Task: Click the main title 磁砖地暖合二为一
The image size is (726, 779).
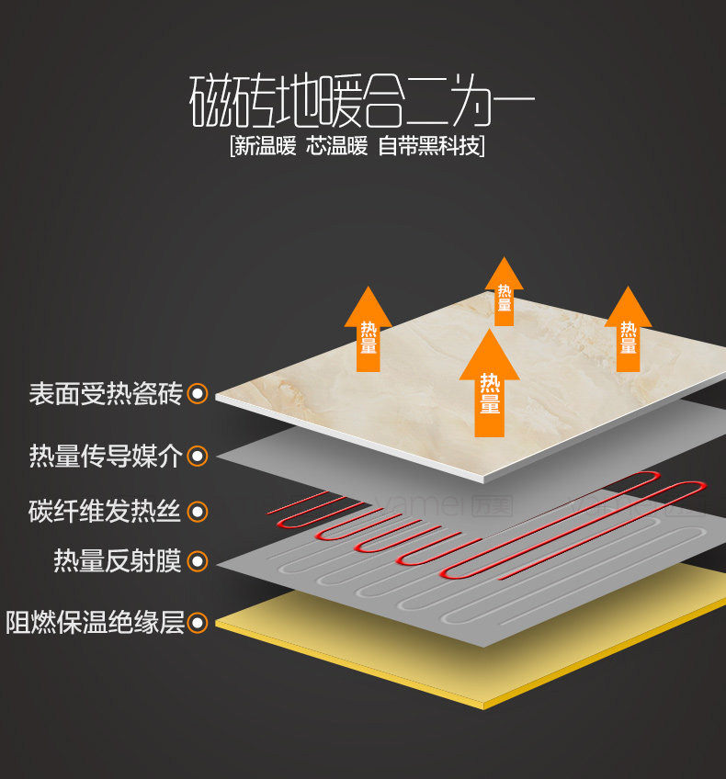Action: (362, 100)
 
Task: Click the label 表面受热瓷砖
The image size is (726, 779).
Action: (106, 394)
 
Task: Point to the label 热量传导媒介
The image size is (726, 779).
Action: (106, 456)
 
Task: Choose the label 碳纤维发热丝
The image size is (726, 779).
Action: (106, 511)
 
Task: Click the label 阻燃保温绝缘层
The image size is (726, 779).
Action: (95, 623)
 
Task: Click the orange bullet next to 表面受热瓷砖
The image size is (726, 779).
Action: (198, 394)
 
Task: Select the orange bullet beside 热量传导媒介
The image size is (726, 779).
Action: (198, 456)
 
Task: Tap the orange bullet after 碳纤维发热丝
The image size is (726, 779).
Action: (198, 512)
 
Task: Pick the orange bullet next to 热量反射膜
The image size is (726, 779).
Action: (198, 560)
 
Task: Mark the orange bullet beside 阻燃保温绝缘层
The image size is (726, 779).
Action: (198, 624)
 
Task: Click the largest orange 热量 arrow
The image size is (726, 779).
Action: (490, 386)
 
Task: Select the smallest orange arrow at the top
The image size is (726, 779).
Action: (504, 291)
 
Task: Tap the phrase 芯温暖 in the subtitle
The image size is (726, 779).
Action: (336, 146)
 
